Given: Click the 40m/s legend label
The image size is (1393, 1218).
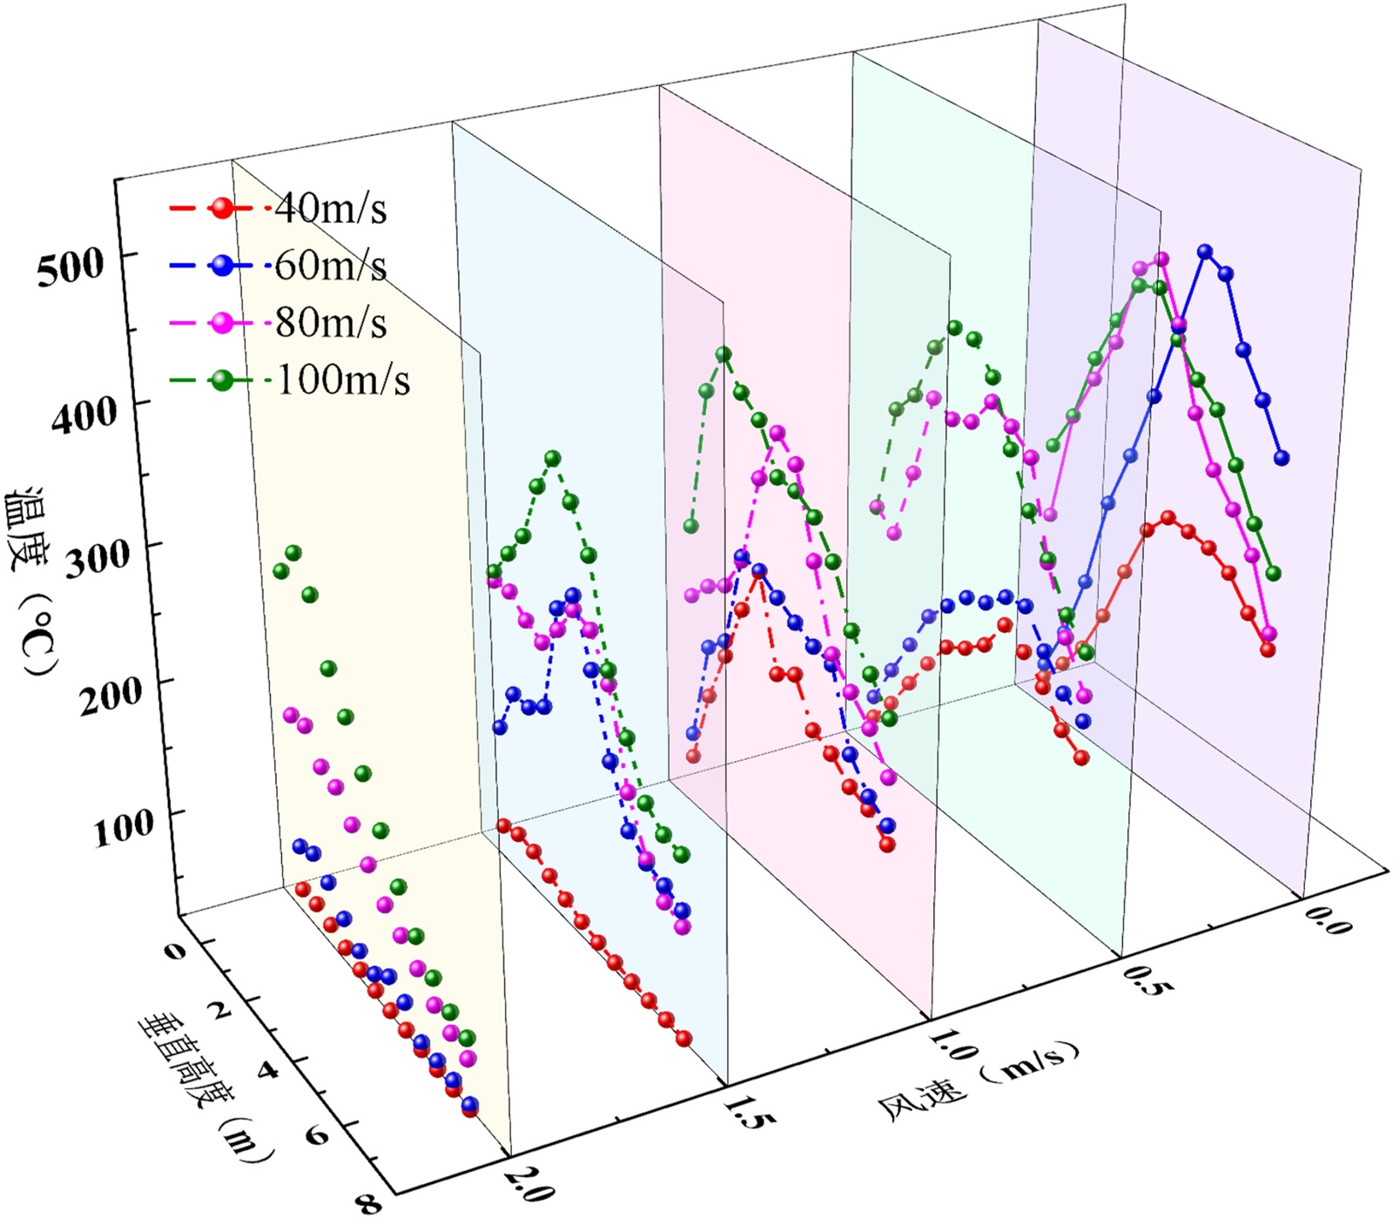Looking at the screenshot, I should (x=330, y=208).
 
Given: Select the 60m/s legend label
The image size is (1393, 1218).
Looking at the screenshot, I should (x=330, y=266).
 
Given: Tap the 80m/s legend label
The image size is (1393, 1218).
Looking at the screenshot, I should (x=330, y=323).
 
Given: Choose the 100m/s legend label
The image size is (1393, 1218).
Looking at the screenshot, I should (x=342, y=380).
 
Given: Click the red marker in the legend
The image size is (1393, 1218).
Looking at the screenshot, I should (x=223, y=208).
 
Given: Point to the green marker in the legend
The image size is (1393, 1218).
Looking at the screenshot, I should (x=223, y=380).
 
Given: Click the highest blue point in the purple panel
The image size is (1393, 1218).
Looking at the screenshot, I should (x=1205, y=252).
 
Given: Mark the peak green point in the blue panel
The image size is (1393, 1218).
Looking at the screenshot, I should (x=552, y=458).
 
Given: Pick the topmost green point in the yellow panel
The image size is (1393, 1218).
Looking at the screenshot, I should (x=293, y=553).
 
